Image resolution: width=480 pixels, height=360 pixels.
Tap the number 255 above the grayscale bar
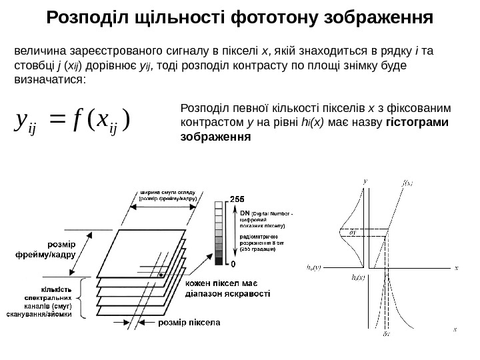[x=237, y=199]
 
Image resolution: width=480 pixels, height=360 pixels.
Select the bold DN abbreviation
[x=244, y=213]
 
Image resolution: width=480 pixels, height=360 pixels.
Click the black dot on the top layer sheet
[x=161, y=274]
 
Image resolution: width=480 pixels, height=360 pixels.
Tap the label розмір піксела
[x=189, y=323]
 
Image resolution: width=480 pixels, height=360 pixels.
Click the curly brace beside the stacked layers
[x=81, y=299]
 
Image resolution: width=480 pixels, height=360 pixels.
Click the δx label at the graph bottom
[x=387, y=333]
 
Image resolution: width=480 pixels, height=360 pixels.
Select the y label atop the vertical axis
[x=365, y=180]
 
